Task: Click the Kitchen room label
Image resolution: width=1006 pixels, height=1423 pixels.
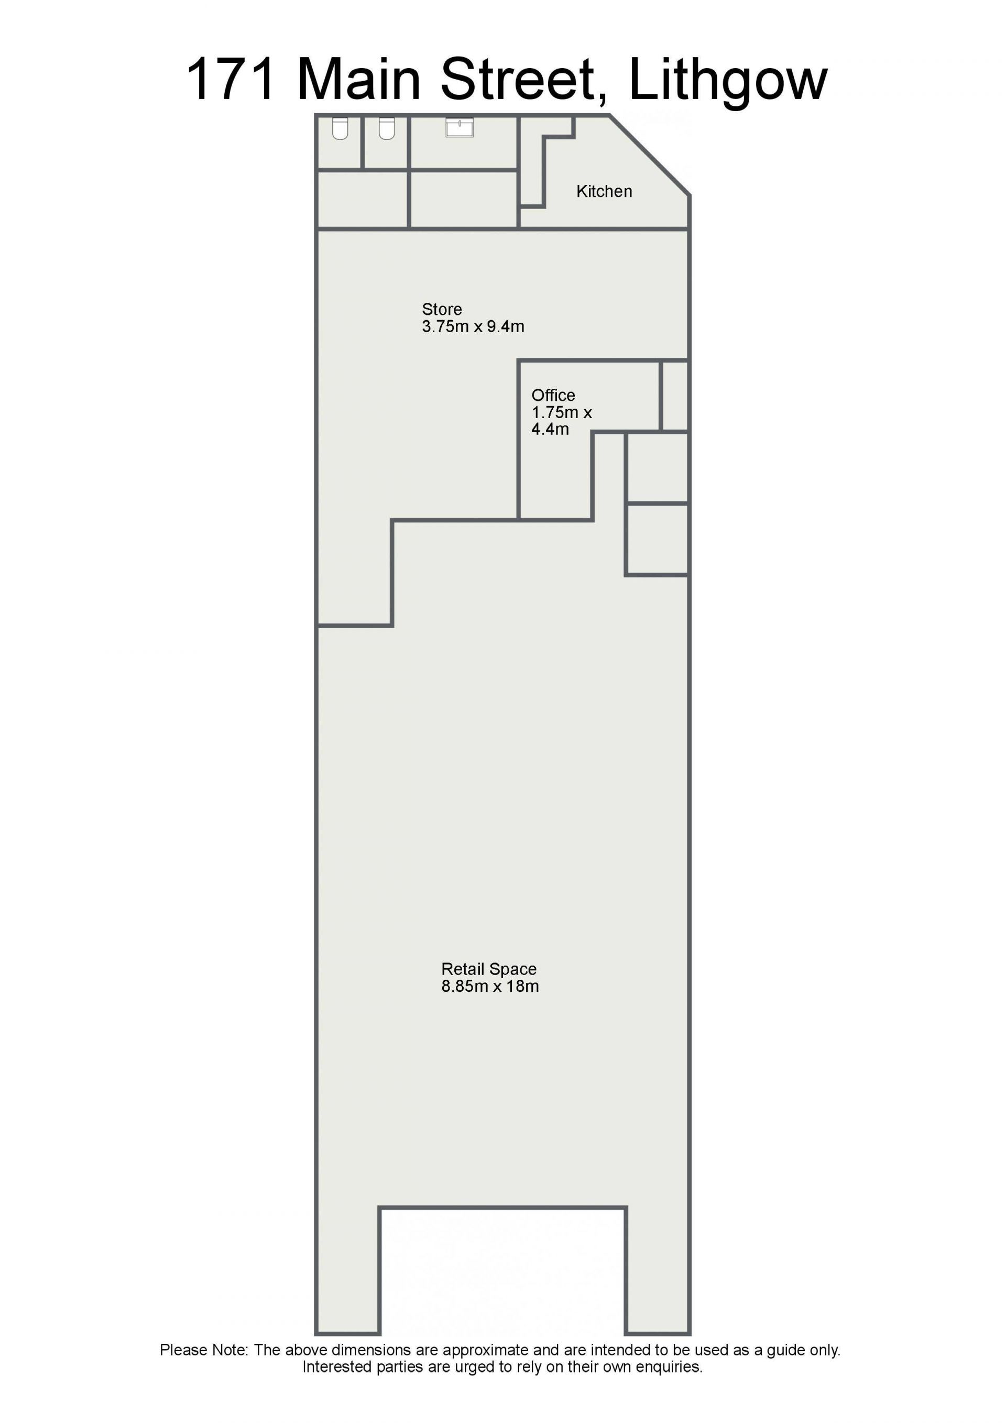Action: point(604,192)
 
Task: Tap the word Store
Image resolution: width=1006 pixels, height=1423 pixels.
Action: point(442,309)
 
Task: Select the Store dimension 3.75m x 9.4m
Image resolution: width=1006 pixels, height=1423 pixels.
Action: point(473,326)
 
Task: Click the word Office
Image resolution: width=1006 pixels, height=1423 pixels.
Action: point(553,396)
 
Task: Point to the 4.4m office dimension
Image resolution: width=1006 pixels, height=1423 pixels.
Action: point(550,429)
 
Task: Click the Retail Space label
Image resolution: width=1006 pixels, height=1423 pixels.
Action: point(488,969)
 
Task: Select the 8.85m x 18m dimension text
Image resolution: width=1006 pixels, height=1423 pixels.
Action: point(490,986)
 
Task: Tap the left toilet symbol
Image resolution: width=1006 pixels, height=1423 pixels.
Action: point(340,128)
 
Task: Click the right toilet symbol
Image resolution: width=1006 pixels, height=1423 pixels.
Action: point(387,128)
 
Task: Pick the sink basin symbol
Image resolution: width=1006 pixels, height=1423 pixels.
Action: point(460,127)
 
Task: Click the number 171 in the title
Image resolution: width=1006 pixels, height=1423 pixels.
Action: point(231,79)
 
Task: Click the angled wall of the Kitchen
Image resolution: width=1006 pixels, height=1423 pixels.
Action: point(649,156)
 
